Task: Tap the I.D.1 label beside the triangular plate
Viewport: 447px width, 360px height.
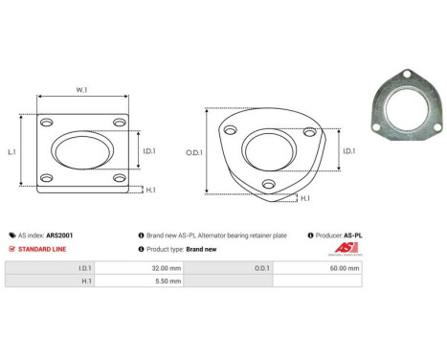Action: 349,150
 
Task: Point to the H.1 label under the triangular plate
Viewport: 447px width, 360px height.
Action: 304,198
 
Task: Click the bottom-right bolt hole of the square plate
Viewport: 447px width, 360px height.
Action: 119,179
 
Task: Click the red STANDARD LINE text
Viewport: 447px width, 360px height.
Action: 41,249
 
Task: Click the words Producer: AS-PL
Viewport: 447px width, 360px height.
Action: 339,235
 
